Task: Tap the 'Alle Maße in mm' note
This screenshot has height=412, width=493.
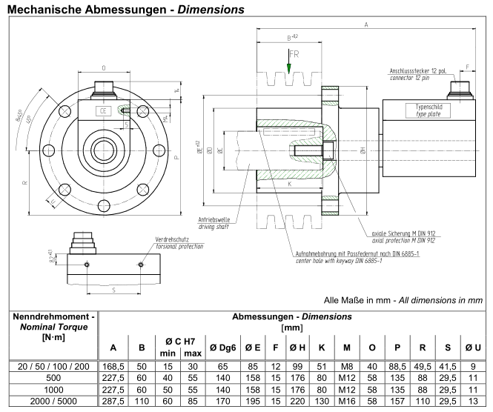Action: (404, 299)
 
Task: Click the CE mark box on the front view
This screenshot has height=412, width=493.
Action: (105, 111)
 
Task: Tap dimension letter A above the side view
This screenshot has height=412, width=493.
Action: (366, 24)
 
